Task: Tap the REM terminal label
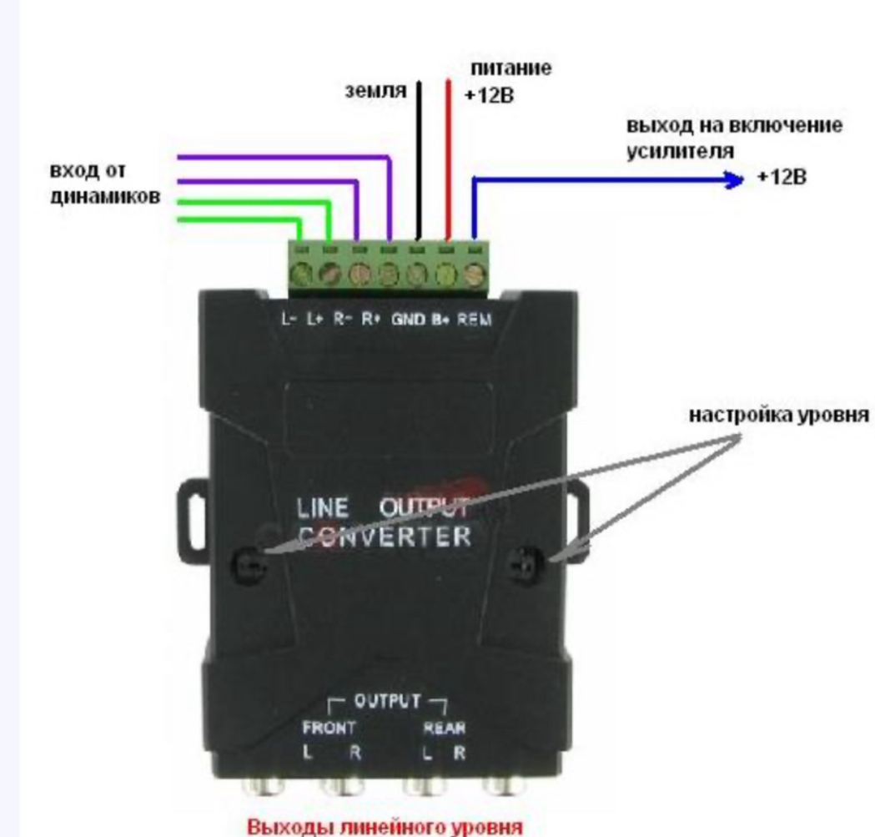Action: coord(475,320)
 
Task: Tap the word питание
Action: coord(508,68)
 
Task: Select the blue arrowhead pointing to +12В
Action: coord(733,179)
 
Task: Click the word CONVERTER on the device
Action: coord(383,536)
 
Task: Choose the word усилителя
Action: coord(680,152)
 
